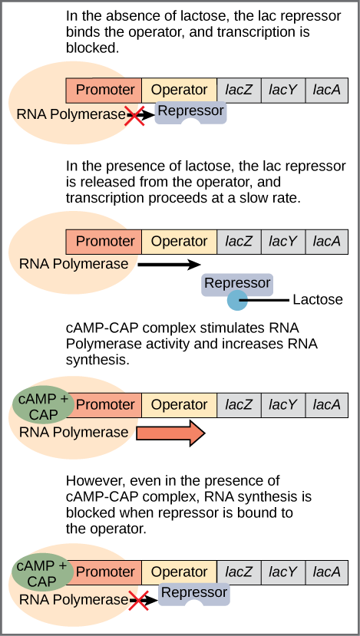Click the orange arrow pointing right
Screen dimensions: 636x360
click(x=170, y=433)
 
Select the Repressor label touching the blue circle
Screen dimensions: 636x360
click(x=237, y=283)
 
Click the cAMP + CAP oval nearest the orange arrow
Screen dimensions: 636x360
click(x=43, y=407)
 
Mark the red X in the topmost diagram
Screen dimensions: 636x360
click(x=135, y=116)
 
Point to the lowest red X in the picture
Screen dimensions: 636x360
click(x=138, y=601)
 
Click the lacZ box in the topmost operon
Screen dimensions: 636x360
click(x=239, y=90)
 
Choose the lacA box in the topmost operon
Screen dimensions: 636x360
click(x=327, y=90)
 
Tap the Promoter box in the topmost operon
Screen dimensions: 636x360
click(x=104, y=90)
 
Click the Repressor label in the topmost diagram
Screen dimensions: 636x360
click(x=190, y=111)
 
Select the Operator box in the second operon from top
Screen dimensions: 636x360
click(x=179, y=242)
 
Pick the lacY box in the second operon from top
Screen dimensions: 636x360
click(x=282, y=242)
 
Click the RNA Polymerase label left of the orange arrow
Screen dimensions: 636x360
click(x=74, y=433)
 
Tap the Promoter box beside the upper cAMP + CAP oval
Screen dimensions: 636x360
click(x=105, y=404)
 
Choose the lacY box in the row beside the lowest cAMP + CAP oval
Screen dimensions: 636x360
click(x=282, y=572)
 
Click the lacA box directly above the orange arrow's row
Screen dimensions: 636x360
click(x=327, y=404)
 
